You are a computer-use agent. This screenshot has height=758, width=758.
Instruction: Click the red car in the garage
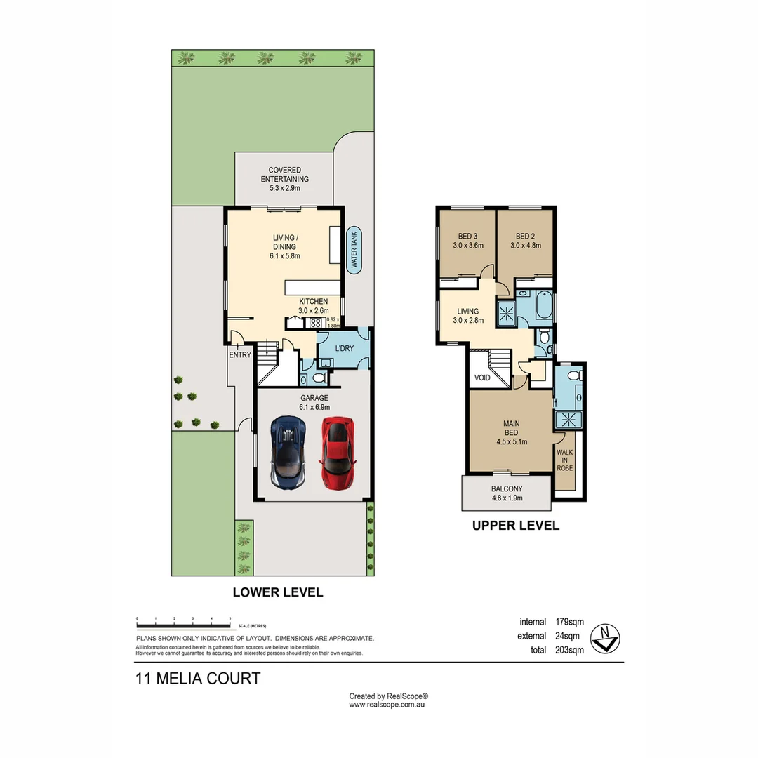[x=337, y=453]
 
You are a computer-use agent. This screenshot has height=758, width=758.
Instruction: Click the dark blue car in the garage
[x=288, y=453]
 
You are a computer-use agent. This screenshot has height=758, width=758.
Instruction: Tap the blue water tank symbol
[x=354, y=251]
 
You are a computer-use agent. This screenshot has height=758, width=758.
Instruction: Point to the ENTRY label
[x=239, y=355]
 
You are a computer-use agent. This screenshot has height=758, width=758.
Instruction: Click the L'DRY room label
[x=344, y=349]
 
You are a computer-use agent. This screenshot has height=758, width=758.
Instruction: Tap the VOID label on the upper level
[x=482, y=378]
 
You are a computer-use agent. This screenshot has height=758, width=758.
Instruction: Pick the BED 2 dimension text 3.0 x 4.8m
[x=526, y=246]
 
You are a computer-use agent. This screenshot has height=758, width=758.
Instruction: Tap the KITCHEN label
[x=313, y=302]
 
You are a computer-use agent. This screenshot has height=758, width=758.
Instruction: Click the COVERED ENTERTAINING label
[x=284, y=175]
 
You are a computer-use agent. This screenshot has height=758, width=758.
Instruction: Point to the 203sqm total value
[x=569, y=650]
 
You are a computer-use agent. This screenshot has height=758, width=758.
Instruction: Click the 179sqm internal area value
[x=569, y=622]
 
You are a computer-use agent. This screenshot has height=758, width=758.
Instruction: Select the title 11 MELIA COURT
[x=198, y=679]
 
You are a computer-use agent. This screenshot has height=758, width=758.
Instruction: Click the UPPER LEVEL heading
[x=516, y=526]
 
